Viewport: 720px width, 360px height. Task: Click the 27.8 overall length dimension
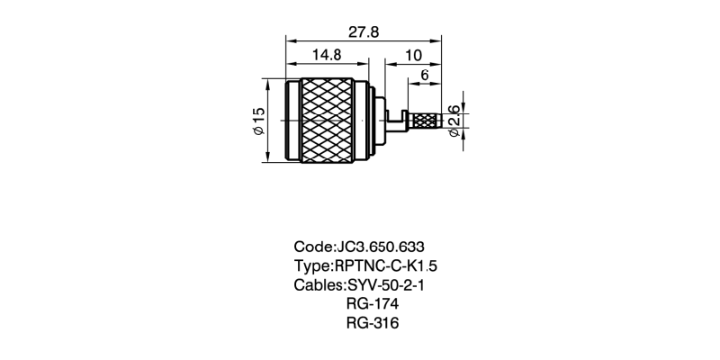(364, 31)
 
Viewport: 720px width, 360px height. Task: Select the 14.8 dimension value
(326, 54)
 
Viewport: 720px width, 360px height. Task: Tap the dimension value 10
(413, 54)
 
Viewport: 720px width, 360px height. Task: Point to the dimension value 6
(424, 76)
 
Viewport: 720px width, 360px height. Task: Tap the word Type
(311, 266)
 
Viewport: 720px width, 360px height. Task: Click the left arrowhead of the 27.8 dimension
(290, 40)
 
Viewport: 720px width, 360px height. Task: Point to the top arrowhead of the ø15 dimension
(269, 83)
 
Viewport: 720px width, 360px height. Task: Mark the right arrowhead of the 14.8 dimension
(364, 63)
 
